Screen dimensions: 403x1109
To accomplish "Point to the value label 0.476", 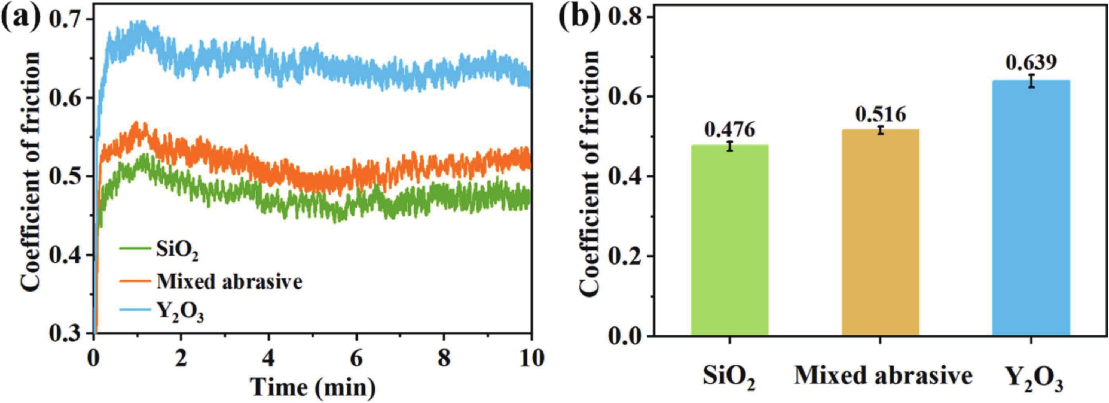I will pos(730,129).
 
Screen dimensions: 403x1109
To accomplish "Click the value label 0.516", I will pos(881,114).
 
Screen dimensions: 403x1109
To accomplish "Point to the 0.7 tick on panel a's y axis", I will pos(67,19).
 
